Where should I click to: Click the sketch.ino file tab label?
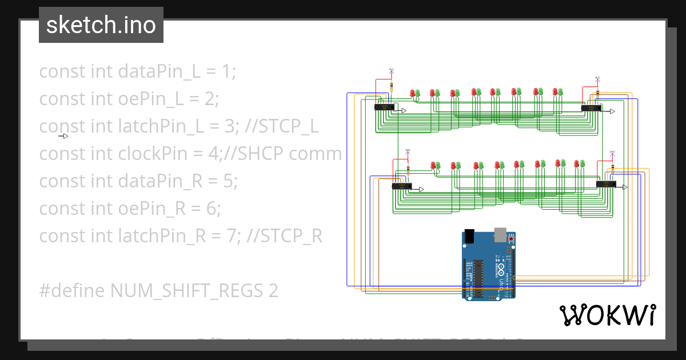(x=101, y=25)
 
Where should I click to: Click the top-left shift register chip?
(x=384, y=107)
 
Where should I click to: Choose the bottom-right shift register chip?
(x=606, y=184)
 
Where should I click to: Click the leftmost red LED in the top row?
(x=412, y=93)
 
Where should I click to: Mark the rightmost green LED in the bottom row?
(x=583, y=163)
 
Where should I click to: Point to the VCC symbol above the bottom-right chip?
(x=612, y=153)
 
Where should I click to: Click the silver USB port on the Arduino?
(x=500, y=233)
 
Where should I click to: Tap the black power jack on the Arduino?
(x=469, y=235)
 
